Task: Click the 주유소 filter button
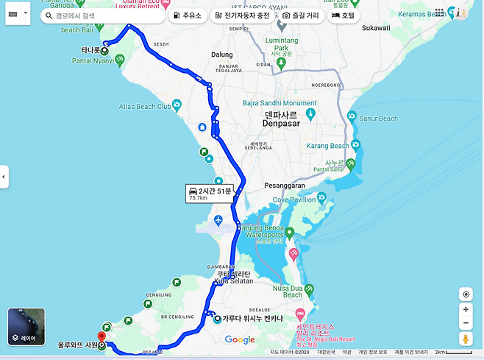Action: (x=188, y=15)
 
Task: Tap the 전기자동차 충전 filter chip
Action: (x=243, y=15)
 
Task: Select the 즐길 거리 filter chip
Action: (x=300, y=15)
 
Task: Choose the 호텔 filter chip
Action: (x=344, y=15)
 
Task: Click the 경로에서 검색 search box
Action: (x=103, y=15)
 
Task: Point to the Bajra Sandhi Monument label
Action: (x=280, y=103)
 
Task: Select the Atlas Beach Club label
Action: (x=145, y=107)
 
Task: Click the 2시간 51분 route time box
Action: (x=209, y=194)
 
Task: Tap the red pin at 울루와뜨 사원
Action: (x=102, y=337)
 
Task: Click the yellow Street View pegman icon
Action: (x=466, y=339)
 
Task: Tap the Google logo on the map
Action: (x=240, y=339)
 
